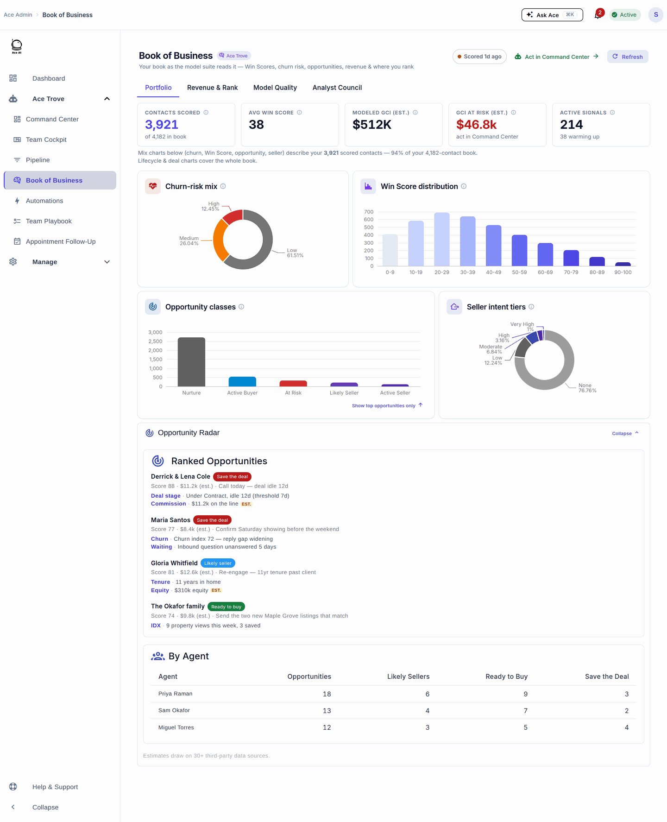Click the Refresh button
[628, 57]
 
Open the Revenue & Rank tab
[212, 88]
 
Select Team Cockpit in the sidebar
[46, 139]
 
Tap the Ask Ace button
[552, 15]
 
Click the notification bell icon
[598, 15]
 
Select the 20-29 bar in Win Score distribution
[442, 239]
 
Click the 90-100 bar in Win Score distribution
[623, 264]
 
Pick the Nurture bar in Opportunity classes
[191, 362]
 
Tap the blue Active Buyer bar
[242, 381]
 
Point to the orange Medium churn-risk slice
[220, 243]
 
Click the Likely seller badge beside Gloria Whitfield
[218, 563]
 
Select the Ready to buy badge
[226, 607]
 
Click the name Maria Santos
[170, 520]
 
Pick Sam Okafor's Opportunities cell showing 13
[327, 710]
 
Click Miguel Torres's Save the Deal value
[627, 727]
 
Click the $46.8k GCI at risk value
[476, 125]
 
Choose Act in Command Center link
[557, 57]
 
